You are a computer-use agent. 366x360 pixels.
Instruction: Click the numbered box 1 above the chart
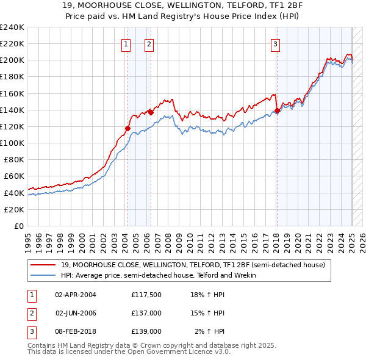pyautogui.click(x=125, y=43)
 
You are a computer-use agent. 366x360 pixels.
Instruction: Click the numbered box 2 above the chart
pyautogui.click(x=149, y=43)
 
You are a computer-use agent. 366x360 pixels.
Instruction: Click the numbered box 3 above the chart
pyautogui.click(x=276, y=43)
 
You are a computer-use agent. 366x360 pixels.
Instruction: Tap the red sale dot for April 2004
pyautogui.click(x=127, y=128)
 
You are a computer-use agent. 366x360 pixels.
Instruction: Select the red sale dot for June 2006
pyautogui.click(x=151, y=112)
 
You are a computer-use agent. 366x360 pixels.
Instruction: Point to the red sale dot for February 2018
pyautogui.click(x=277, y=110)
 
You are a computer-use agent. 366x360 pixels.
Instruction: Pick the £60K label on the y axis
pyautogui.click(x=14, y=176)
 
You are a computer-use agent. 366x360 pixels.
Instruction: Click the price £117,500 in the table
pyautogui.click(x=146, y=295)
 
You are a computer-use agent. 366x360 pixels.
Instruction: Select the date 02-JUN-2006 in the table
pyautogui.click(x=76, y=313)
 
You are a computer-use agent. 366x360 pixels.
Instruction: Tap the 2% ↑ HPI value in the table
pyautogui.click(x=210, y=331)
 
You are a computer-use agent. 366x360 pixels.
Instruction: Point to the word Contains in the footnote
pyautogui.click(x=43, y=345)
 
